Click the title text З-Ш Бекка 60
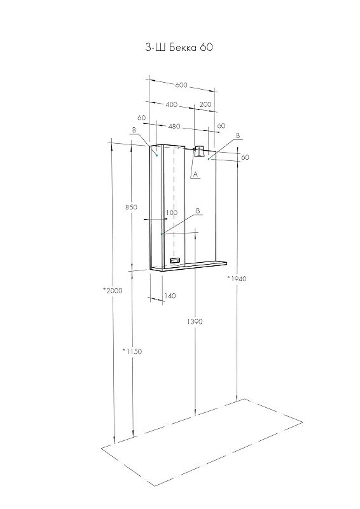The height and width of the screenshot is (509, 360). click(x=179, y=47)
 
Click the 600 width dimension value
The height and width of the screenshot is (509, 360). click(x=181, y=85)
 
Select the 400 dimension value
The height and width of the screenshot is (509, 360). click(x=171, y=104)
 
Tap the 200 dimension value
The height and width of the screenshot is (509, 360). click(x=205, y=104)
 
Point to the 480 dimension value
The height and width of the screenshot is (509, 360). click(x=174, y=127)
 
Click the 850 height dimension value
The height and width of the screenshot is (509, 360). click(x=132, y=207)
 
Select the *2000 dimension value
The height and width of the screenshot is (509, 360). click(x=113, y=291)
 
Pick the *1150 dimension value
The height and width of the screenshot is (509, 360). click(x=132, y=351)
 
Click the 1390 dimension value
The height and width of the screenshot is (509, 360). click(x=195, y=321)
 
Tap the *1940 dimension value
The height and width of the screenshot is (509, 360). click(x=237, y=279)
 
